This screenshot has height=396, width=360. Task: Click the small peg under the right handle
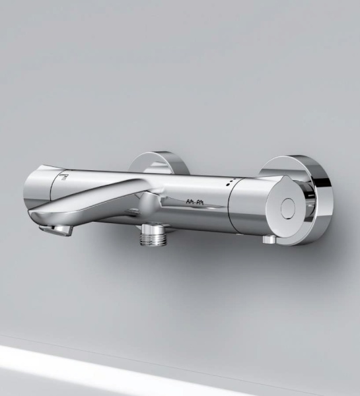(x=268, y=240)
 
